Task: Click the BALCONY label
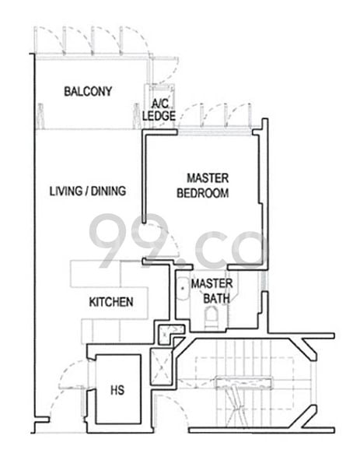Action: pyautogui.click(x=88, y=91)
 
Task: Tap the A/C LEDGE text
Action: pyautogui.click(x=159, y=110)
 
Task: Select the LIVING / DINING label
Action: pyautogui.click(x=88, y=191)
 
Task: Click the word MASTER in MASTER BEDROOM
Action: pyautogui.click(x=208, y=178)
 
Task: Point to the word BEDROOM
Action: pyautogui.click(x=203, y=193)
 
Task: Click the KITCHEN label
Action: pyautogui.click(x=111, y=302)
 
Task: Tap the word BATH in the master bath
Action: pyautogui.click(x=216, y=298)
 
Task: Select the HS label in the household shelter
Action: pyautogui.click(x=117, y=390)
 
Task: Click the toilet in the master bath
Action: pyautogui.click(x=211, y=318)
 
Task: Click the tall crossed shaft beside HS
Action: pyautogui.click(x=162, y=367)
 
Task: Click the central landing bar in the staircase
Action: pyautogui.click(x=244, y=383)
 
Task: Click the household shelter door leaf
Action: pyautogui.click(x=74, y=387)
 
